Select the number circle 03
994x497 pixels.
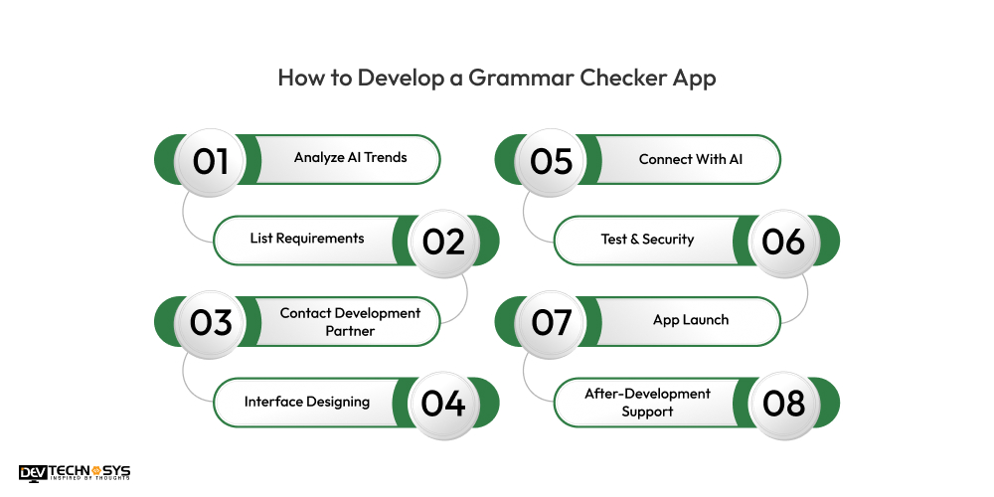(x=211, y=322)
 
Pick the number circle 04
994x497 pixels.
(x=443, y=403)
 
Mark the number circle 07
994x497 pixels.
(x=551, y=322)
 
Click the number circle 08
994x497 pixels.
(x=783, y=403)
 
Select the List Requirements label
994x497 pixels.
(x=306, y=239)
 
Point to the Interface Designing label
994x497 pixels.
(x=306, y=402)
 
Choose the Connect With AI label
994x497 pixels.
(x=690, y=159)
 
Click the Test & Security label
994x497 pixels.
(x=647, y=240)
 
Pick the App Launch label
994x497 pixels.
(x=690, y=320)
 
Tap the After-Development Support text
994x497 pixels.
(x=647, y=403)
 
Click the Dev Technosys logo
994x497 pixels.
(x=75, y=473)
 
